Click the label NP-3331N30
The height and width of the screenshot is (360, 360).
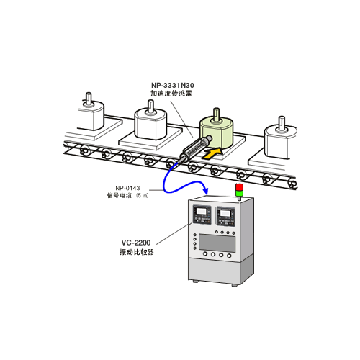coord(173,85)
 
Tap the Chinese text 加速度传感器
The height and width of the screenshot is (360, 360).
coord(171,94)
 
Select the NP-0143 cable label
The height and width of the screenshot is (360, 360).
coord(127,188)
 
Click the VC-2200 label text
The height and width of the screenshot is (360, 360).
coord(136,243)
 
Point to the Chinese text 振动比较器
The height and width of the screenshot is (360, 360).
coord(137,252)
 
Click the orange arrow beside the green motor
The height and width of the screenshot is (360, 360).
coord(212,153)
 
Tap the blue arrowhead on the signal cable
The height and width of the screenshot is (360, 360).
coord(205,191)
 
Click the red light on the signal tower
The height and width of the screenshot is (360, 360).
coord(239,187)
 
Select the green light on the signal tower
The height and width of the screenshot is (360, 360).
coord(239,194)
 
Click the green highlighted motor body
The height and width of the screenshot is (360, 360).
coord(216,132)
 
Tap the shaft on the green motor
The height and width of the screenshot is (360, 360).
coord(216,114)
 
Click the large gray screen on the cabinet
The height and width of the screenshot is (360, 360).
coord(217,243)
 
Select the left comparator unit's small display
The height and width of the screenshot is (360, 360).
coord(201,212)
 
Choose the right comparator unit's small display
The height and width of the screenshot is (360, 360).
coord(225,213)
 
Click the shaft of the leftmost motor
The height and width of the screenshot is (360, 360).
coord(89,98)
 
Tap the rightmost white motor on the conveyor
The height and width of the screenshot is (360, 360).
coord(280,139)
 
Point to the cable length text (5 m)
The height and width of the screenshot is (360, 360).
coord(143,196)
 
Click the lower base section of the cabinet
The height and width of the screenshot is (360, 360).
coord(221,270)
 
